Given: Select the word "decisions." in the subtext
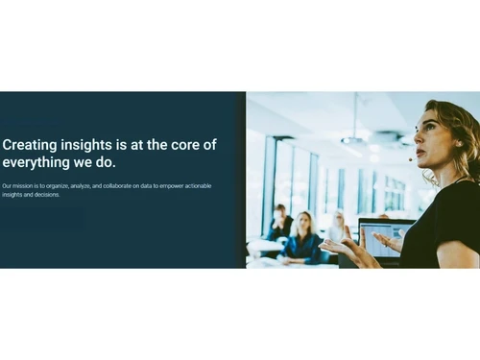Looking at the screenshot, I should [45, 194].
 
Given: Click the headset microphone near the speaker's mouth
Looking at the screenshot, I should [411, 159].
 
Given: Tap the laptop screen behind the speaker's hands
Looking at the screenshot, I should [383, 239].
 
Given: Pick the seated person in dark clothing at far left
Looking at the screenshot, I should [279, 225].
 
